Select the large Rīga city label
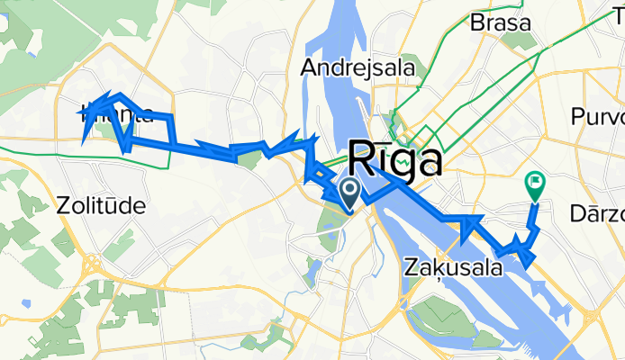coord(394,161)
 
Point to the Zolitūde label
coord(100,206)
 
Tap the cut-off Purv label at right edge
coord(598,118)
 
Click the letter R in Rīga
coord(360,161)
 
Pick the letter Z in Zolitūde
coord(61,206)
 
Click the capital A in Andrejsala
coord(309,67)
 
